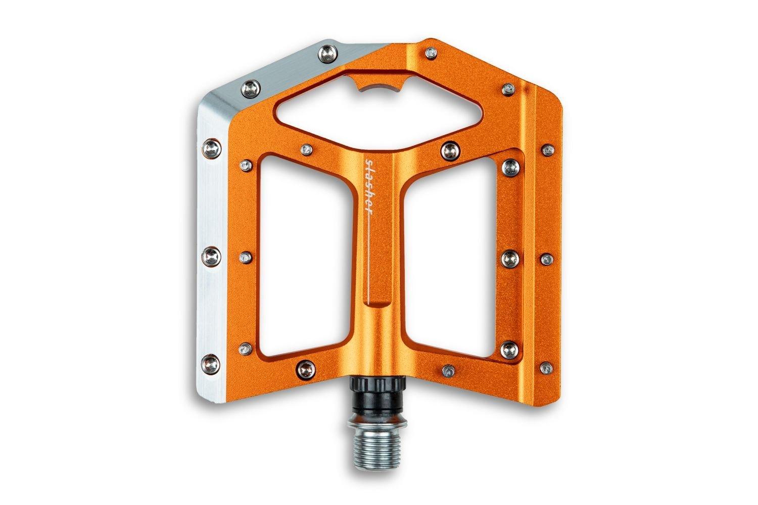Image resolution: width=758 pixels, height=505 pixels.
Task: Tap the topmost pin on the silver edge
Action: pos(328,53)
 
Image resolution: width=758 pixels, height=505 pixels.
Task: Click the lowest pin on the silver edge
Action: pos(211,363)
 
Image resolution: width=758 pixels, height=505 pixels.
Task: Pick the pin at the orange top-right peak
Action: pos(431,53)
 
